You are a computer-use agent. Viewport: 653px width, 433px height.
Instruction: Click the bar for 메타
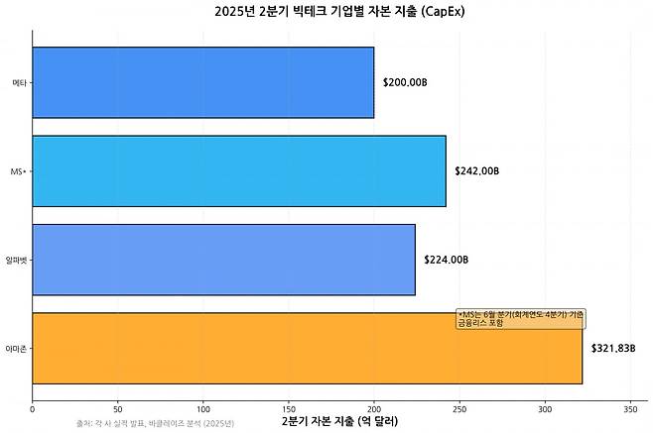[x=203, y=82]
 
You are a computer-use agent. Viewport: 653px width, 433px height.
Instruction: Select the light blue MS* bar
[x=239, y=170]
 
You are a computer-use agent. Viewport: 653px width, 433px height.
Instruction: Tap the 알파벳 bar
[x=224, y=260]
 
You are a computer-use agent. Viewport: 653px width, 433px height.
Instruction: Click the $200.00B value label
[x=405, y=82]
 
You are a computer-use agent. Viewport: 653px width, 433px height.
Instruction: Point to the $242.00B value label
[x=476, y=170]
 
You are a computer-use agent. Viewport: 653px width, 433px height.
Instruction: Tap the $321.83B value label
[x=613, y=349]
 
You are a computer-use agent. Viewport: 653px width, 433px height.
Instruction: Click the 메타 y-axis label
[x=19, y=82]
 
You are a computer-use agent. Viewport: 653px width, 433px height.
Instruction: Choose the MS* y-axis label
[x=18, y=171]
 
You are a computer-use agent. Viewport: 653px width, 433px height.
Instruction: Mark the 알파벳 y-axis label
[x=17, y=260]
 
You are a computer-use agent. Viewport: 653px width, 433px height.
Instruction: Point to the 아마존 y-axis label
[x=17, y=349]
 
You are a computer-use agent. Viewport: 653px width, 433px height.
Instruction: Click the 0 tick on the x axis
[x=33, y=407]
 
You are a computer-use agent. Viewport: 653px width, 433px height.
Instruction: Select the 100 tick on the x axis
[x=203, y=407]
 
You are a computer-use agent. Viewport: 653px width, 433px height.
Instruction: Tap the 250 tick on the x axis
[x=459, y=407]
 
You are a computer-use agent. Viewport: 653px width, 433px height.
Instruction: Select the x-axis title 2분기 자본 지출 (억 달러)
[x=339, y=422]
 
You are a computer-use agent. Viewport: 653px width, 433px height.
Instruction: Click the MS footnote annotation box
[x=520, y=318]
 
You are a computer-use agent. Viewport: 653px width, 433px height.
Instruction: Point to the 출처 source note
[x=155, y=424]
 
